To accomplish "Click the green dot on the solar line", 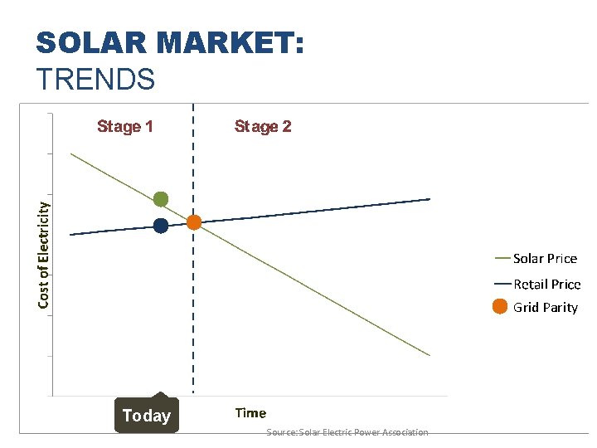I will (x=161, y=199).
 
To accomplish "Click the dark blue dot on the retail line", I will (x=161, y=226).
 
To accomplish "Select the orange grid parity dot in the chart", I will (x=194, y=222).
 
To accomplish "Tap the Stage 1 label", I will (x=125, y=126).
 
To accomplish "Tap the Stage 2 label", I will (x=263, y=126).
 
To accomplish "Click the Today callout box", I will (x=146, y=416).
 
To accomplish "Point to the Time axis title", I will (x=250, y=412).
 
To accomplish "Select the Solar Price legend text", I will (x=545, y=258).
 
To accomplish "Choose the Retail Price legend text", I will (x=546, y=284).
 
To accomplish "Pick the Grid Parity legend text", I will (x=545, y=307).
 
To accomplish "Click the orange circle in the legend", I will (x=500, y=307).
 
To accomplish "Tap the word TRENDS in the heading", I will (x=95, y=79).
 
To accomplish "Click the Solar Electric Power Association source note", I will (x=347, y=432).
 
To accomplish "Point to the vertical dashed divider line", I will (x=193, y=315).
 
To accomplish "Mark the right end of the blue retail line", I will (x=430, y=199).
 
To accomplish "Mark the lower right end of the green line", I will (x=430, y=355).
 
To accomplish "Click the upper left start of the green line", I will (x=71, y=153).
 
